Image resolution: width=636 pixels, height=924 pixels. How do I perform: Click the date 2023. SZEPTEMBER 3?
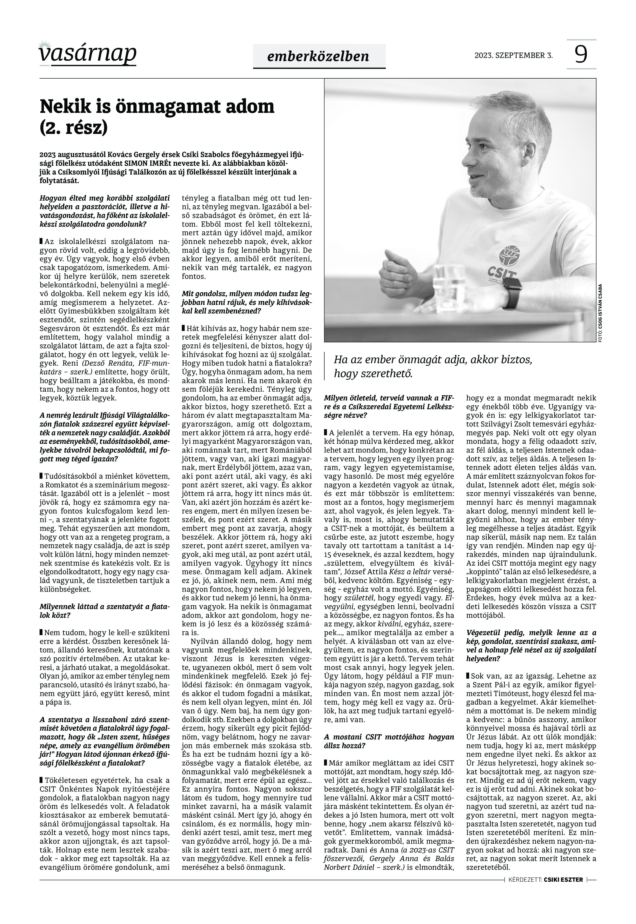click(513, 55)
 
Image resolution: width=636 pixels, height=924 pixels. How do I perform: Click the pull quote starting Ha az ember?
click(433, 366)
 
